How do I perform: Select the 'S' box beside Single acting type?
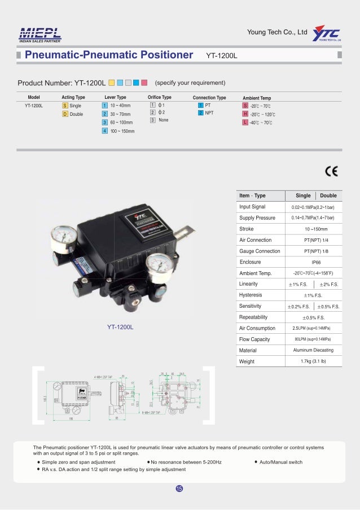pos(65,106)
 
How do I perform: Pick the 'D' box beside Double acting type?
pos(65,114)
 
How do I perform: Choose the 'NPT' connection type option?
pos(209,114)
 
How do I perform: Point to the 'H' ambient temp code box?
pos(245,114)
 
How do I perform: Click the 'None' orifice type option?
pos(163,120)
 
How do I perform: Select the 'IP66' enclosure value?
pos(316,262)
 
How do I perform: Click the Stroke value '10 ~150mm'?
pos(316,229)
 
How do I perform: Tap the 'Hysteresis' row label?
pos(251,295)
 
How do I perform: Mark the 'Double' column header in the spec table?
pos(328,196)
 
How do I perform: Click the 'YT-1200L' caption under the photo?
pos(120,328)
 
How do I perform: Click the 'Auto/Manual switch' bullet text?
pos(281,462)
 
